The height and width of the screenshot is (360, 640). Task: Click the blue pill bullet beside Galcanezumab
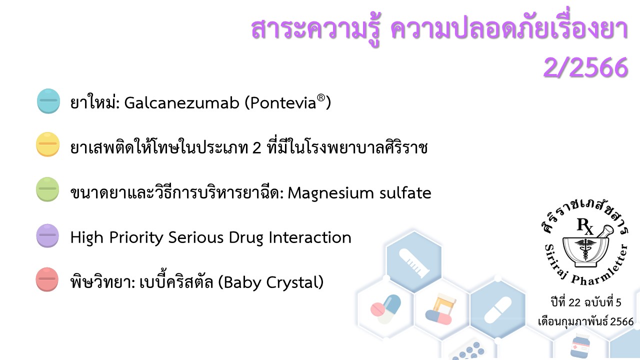[x=48, y=101]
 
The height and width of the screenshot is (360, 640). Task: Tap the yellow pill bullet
[x=47, y=144]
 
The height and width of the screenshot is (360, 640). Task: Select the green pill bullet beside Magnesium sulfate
[x=47, y=189]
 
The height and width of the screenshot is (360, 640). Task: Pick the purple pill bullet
[x=47, y=235]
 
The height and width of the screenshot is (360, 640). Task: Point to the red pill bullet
[x=47, y=279]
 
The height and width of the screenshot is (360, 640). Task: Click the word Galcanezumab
[x=181, y=102]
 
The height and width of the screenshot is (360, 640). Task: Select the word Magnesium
[x=330, y=193]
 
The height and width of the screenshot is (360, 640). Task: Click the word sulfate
[x=405, y=192]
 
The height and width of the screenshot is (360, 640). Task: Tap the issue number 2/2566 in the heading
[x=585, y=67]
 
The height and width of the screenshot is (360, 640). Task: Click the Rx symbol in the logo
[x=585, y=226]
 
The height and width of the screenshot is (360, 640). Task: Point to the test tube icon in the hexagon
[x=414, y=263]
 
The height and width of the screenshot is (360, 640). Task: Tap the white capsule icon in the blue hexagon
[x=497, y=310]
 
